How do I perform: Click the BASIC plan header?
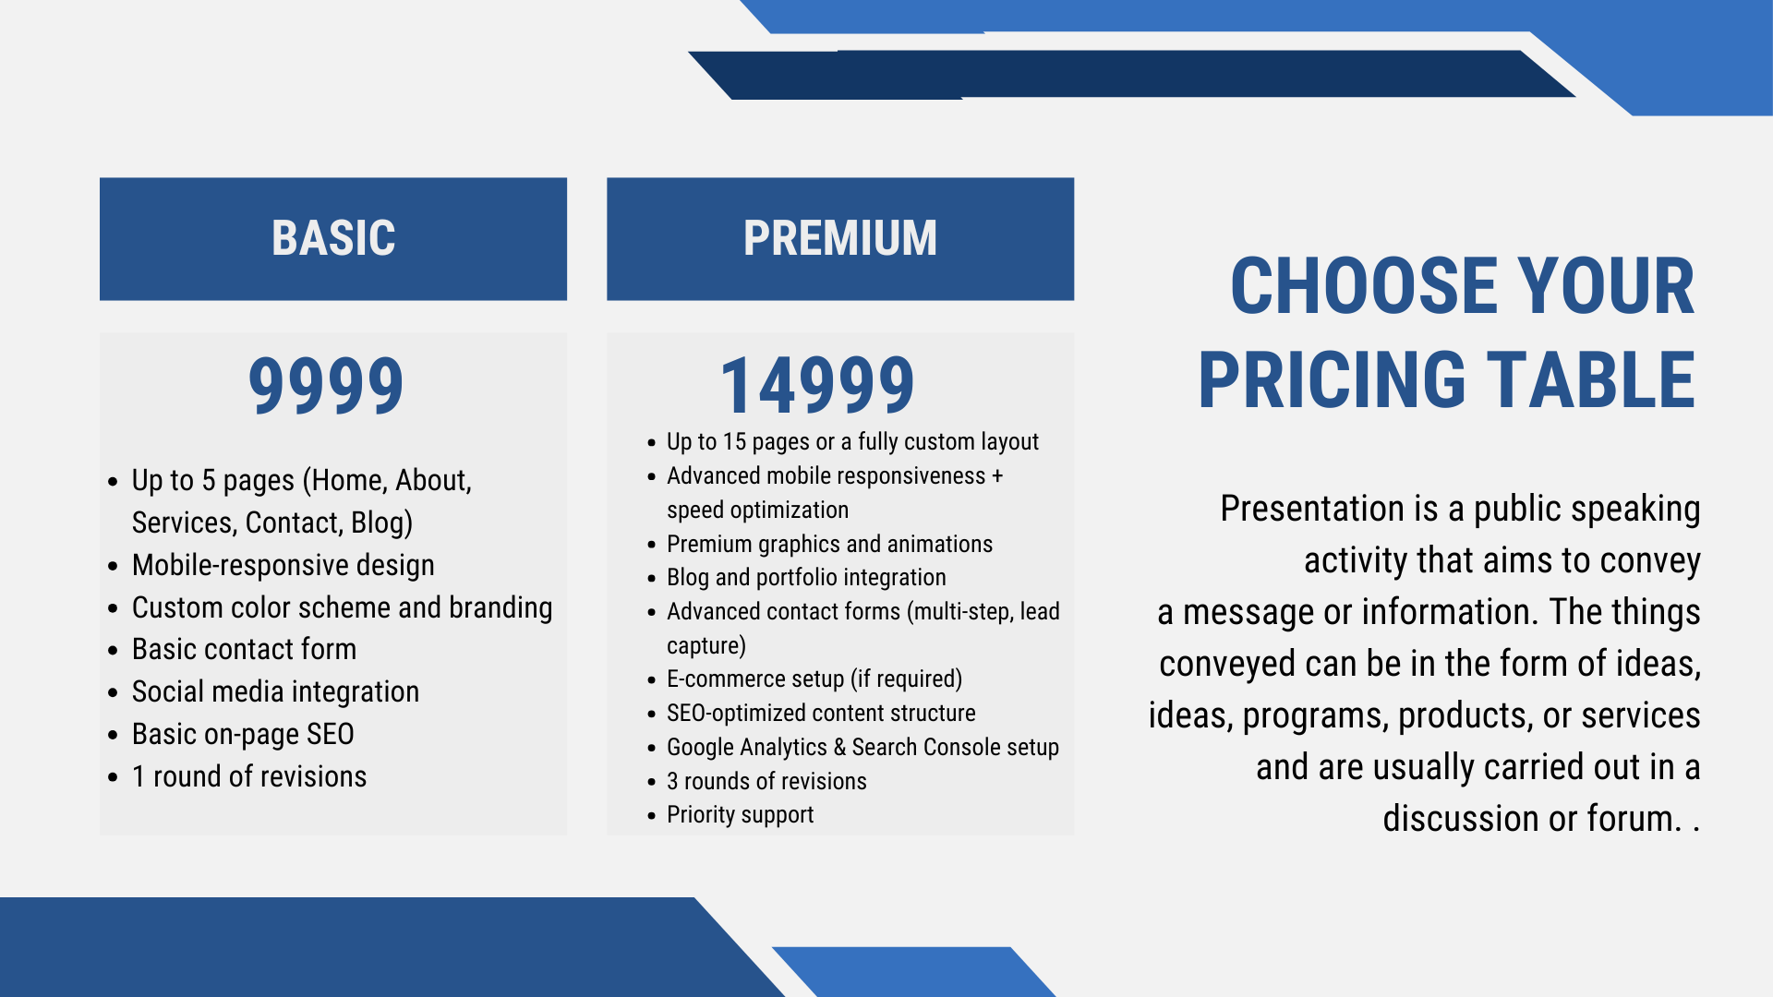333,238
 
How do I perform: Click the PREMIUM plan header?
840,238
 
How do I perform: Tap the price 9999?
326,385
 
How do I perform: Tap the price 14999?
817,385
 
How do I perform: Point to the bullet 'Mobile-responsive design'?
283,565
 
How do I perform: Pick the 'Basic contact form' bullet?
244,649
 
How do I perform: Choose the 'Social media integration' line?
275,691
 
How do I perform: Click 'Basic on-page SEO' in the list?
243,734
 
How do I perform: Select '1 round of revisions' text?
249,776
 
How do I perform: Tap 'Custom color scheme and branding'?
342,607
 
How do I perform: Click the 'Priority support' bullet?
740,814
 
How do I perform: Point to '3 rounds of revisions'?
766,781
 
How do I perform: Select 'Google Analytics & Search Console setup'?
862,747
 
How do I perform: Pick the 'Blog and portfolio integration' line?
806,577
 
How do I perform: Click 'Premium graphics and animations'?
829,544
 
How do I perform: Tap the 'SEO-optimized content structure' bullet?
821,713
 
